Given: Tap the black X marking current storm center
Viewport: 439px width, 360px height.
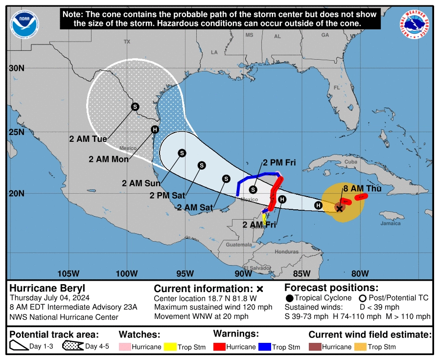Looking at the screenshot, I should coord(340,208).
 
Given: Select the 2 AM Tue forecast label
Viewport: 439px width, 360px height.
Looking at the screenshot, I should coord(88,139).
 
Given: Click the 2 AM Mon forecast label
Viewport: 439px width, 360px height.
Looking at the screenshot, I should coord(109,159).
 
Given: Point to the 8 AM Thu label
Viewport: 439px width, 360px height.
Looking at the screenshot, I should coord(362,188).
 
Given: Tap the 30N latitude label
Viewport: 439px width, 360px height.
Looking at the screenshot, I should coord(16,68).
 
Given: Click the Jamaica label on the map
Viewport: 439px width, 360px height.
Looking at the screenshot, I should coord(390,223).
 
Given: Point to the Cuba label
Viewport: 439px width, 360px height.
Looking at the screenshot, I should coord(350,162).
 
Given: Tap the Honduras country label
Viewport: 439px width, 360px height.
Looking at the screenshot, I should coord(286,251).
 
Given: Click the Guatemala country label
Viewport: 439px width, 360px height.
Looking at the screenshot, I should coord(238,244).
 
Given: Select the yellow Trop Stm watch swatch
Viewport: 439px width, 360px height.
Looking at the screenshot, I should coord(170,347).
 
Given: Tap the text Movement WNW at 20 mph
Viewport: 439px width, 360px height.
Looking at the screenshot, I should coord(201,316).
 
